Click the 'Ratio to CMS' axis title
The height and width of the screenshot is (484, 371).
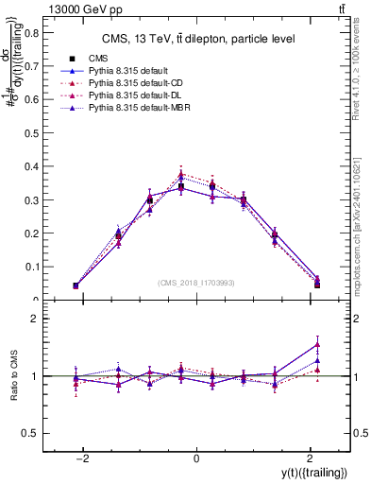pos(14,376)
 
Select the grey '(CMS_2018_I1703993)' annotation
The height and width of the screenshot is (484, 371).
pos(196,283)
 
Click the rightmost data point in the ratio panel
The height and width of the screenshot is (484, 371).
pos(317,343)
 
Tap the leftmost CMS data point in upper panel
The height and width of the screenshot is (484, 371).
pos(76,285)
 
